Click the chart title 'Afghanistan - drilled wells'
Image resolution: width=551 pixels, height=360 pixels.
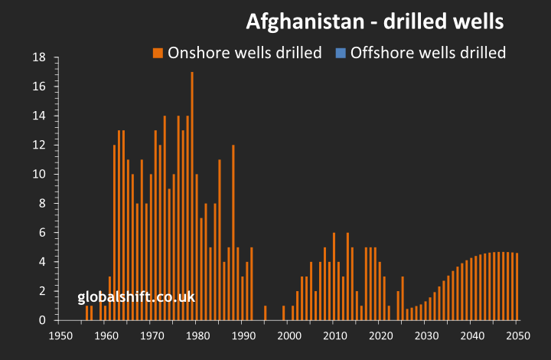point(374,22)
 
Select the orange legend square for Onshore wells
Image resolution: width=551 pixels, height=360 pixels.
point(158,53)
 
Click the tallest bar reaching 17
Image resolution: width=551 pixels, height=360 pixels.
point(192,196)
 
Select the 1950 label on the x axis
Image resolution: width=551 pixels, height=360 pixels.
point(60,335)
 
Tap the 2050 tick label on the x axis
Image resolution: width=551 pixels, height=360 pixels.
point(517,335)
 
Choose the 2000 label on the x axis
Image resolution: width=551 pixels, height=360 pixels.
point(289,335)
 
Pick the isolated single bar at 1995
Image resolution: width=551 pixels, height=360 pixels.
point(266,313)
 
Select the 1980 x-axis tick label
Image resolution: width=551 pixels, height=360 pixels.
point(197,335)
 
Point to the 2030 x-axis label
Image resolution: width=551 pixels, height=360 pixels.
point(425,335)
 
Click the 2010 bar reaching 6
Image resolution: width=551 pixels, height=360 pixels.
point(334,277)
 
